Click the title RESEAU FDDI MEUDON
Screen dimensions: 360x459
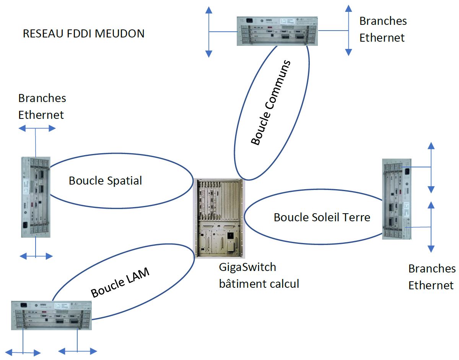[x=83, y=34]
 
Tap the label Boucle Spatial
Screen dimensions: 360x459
[x=105, y=180]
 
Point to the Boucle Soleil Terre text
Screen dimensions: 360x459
[x=322, y=217]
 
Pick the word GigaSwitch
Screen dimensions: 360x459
[x=247, y=267]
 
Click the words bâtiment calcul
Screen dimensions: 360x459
[x=259, y=284]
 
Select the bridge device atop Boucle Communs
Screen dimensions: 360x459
[x=277, y=31]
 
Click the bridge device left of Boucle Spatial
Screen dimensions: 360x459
[x=35, y=196]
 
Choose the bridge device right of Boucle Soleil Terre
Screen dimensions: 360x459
[x=397, y=199]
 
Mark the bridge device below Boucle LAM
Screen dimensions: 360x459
[x=51, y=315]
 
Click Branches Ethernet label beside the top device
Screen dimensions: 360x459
[x=382, y=29]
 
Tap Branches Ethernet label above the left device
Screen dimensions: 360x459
[x=42, y=106]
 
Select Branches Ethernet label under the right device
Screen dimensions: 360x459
[x=432, y=277]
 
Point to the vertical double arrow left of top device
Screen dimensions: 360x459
[x=208, y=32]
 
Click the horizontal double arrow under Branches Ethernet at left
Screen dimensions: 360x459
[x=37, y=128]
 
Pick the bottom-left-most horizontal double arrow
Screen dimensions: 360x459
[x=23, y=352]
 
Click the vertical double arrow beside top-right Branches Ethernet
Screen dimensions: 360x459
[x=348, y=30]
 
